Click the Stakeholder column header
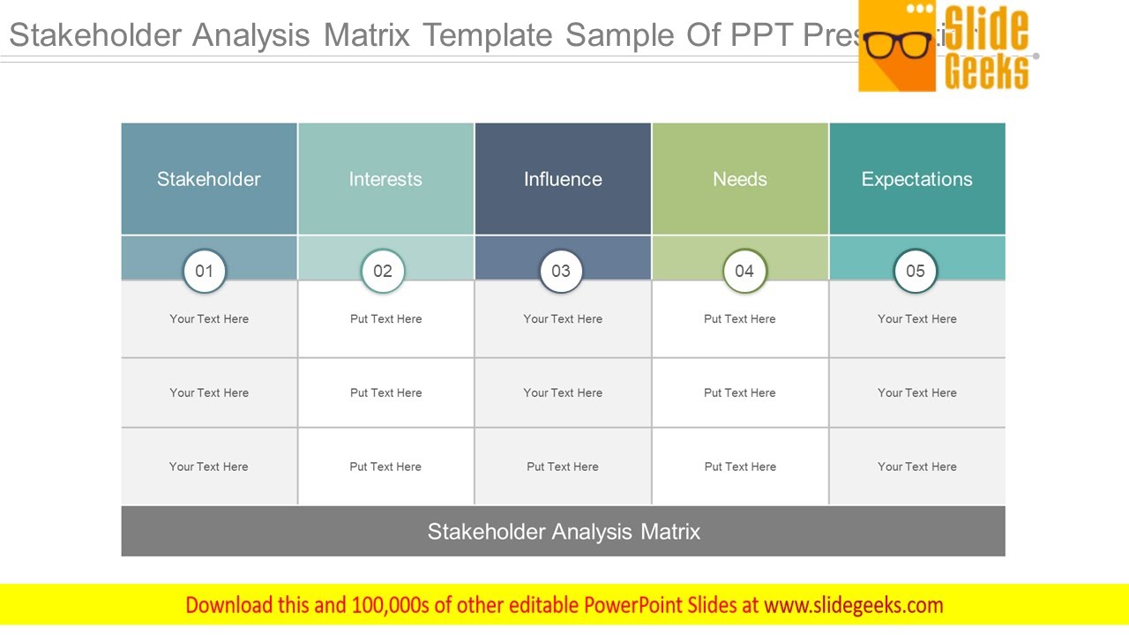click(209, 179)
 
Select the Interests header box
click(385, 179)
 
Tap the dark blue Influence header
click(563, 179)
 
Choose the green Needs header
click(740, 179)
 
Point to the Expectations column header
click(916, 179)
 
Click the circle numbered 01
click(205, 271)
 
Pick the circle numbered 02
click(383, 271)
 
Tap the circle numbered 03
click(561, 271)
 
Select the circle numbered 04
click(744, 271)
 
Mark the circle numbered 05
click(916, 271)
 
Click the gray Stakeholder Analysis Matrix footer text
click(564, 532)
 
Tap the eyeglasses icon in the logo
click(898, 45)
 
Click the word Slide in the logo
click(987, 28)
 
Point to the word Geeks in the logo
click(987, 71)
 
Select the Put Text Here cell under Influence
click(563, 467)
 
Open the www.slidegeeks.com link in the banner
click(853, 605)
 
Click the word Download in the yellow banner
click(229, 605)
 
